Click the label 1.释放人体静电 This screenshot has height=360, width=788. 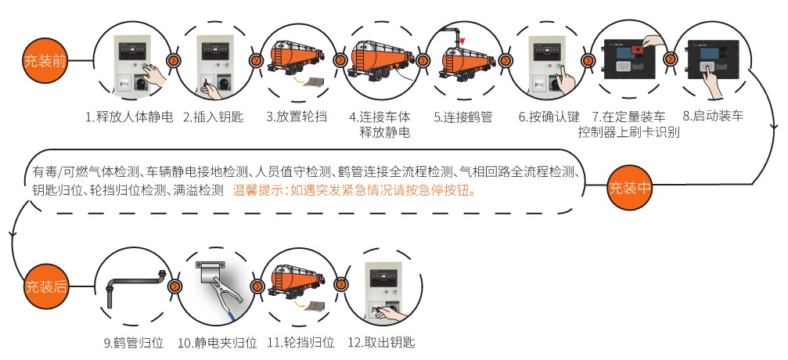[129, 117]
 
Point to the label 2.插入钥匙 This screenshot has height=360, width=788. [214, 117]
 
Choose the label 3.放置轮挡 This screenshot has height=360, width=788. [297, 117]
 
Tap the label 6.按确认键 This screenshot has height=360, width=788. [549, 117]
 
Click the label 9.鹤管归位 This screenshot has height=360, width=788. [133, 343]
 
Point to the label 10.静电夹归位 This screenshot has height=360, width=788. [217, 343]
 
